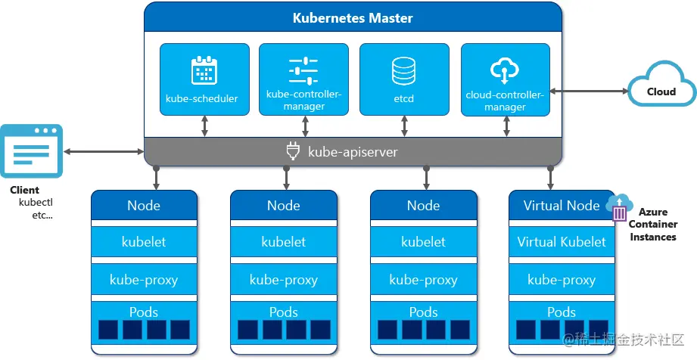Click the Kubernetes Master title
[353, 17]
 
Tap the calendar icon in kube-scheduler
[204, 70]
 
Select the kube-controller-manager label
[303, 101]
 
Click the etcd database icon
[403, 71]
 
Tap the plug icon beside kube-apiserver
[294, 152]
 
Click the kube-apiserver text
[353, 152]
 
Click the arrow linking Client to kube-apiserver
[103, 152]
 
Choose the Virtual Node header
[562, 206]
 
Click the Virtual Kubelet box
[562, 242]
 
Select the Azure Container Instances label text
[653, 225]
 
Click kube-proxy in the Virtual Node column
[562, 279]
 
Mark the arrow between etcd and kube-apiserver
[404, 127]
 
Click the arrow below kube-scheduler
[204, 127]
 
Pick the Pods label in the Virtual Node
[562, 312]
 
